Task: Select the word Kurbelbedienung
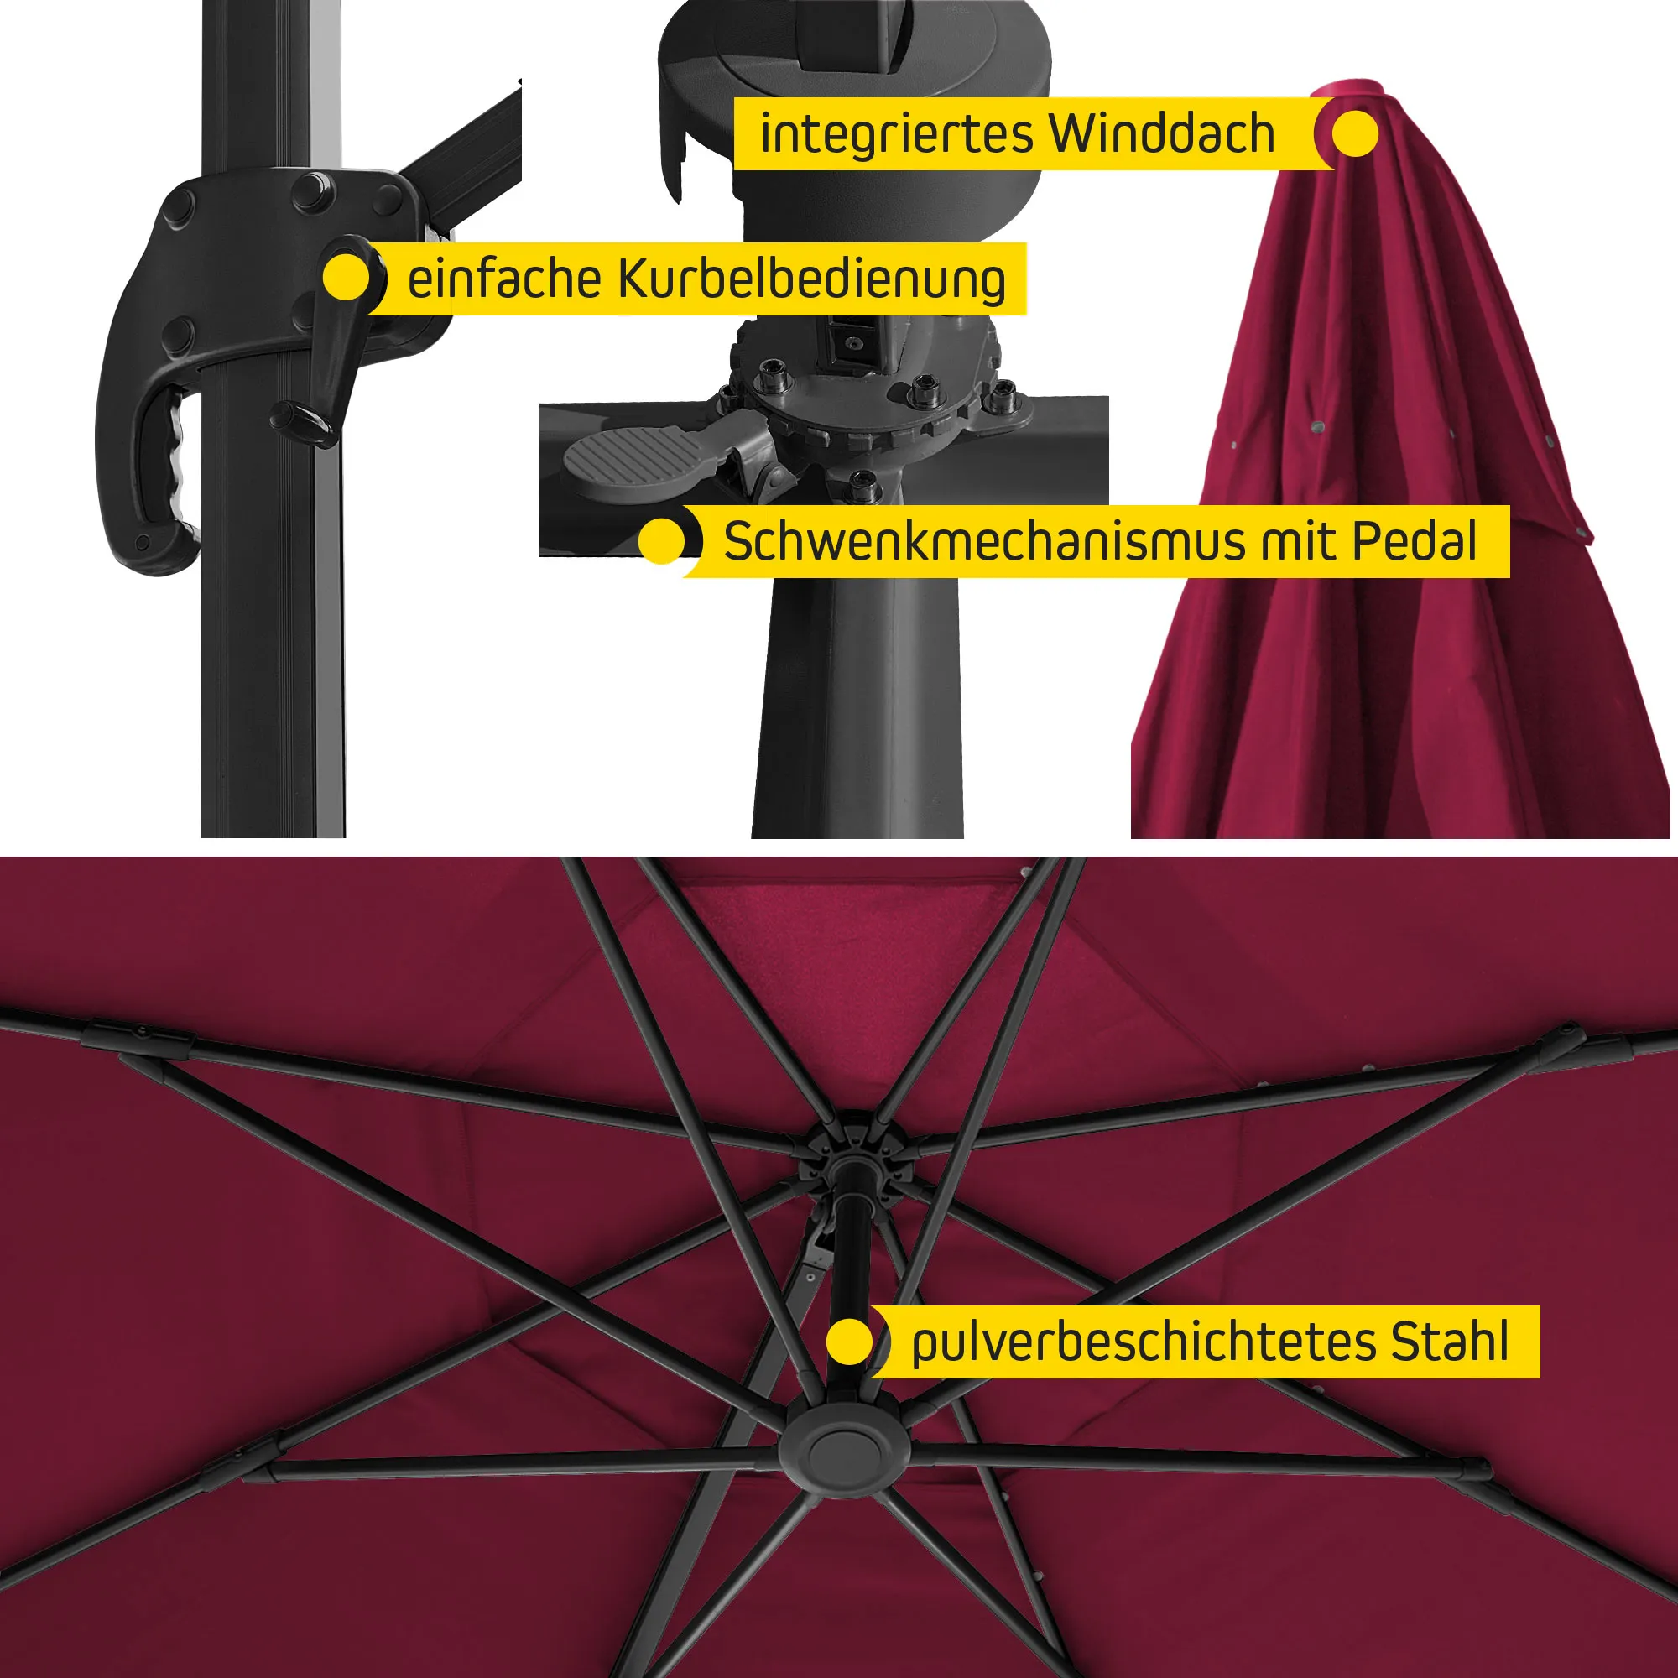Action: (x=812, y=279)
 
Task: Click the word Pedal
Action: (x=1415, y=541)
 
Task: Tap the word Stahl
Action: (x=1451, y=1342)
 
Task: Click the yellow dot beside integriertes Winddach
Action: (x=1355, y=133)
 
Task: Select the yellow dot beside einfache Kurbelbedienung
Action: (x=346, y=278)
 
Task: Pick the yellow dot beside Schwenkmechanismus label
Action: (x=662, y=542)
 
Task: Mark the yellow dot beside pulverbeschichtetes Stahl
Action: (x=848, y=1342)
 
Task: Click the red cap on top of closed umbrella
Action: (x=1347, y=93)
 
